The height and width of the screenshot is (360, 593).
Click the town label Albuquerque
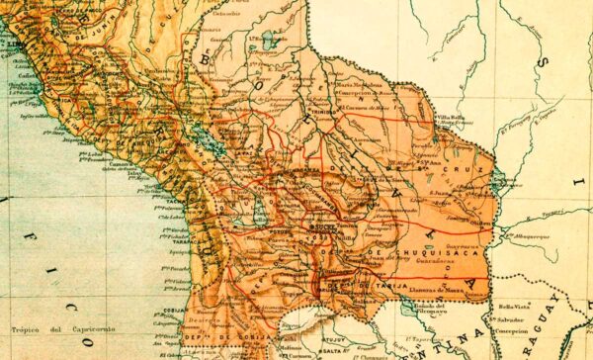528,237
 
